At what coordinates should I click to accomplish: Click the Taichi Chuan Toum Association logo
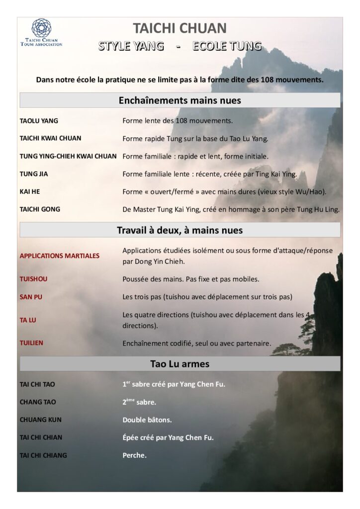pos(41,32)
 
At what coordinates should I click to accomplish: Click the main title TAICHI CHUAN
pos(180,28)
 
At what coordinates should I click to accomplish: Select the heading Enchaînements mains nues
pos(180,100)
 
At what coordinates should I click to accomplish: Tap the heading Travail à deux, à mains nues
pos(180,230)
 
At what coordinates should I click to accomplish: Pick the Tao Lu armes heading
pos(180,364)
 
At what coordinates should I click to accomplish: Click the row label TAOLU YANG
pos(39,121)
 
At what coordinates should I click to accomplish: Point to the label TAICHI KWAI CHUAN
pos(50,138)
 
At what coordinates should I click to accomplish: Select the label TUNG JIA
pos(34,174)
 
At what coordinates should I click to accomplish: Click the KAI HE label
pos(28,191)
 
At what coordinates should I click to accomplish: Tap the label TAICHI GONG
pos(40,209)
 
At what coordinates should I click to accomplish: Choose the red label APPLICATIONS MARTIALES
pos(59,256)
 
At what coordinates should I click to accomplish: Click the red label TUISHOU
pos(33,279)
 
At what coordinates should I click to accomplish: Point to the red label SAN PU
pos(30,297)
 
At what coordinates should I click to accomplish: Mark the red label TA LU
pos(28,320)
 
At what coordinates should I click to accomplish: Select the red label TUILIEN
pos(31,343)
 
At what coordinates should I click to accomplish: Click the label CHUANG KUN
pos(41,420)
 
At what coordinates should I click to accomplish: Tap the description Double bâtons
pos(147,420)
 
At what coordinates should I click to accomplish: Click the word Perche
pos(134,455)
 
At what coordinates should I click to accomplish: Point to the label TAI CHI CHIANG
pos(43,455)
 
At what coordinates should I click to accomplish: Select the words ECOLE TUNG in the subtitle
pos(227,46)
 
